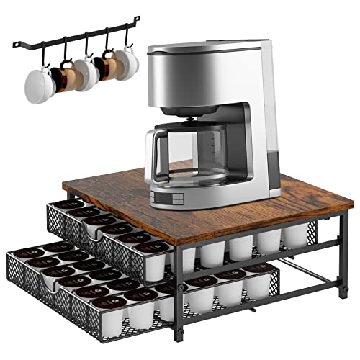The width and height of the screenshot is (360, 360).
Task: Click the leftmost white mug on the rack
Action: (x=35, y=86)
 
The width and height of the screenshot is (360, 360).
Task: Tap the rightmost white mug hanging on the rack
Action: (x=129, y=63)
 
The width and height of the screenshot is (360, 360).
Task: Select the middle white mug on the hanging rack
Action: (x=84, y=74)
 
